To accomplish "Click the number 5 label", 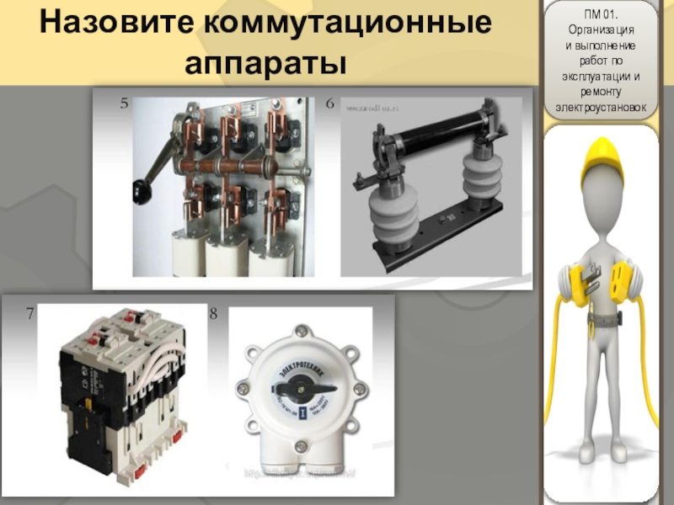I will [x=124, y=104].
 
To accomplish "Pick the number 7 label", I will [x=30, y=314].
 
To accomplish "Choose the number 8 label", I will [x=213, y=314].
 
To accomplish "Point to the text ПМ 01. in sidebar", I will [x=599, y=13].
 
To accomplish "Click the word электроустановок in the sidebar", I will [x=599, y=108].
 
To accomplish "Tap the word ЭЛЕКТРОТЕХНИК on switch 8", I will [x=303, y=351].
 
